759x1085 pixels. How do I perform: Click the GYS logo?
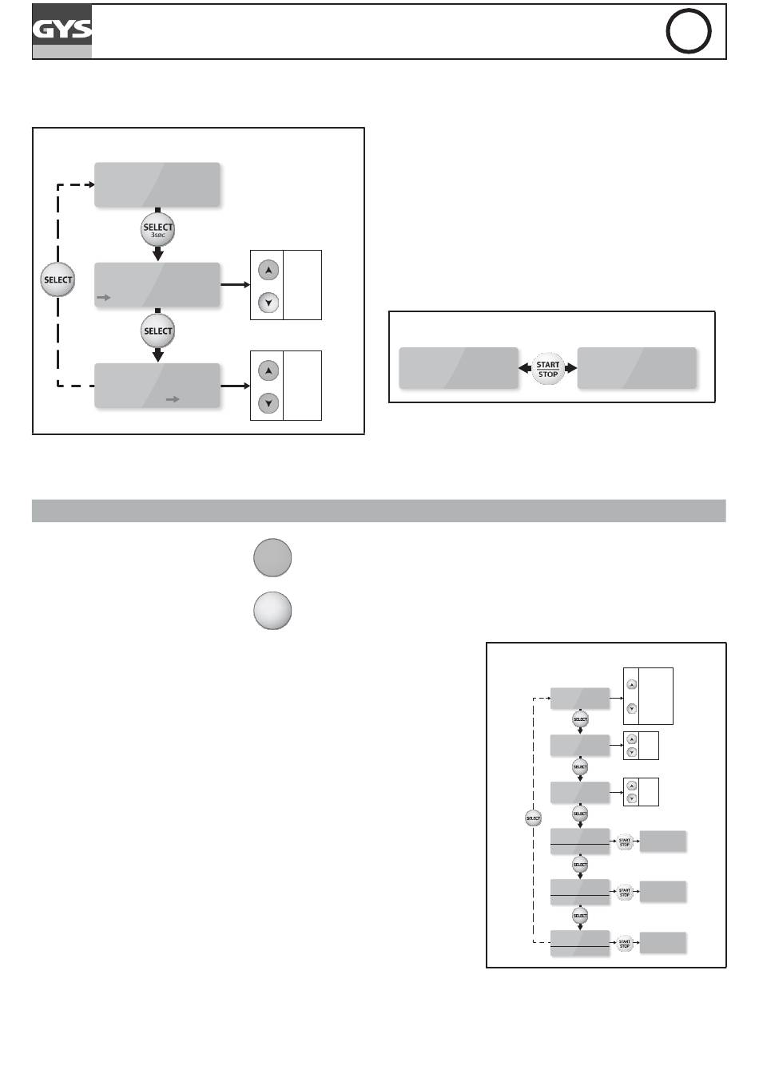coord(62,32)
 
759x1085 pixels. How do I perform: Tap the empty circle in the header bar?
coord(688,33)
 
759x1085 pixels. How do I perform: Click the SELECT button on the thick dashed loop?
coord(58,280)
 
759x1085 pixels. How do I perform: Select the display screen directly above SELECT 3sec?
coord(157,184)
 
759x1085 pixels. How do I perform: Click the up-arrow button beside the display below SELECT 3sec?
coord(268,271)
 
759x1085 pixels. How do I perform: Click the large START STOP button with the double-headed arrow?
coord(548,370)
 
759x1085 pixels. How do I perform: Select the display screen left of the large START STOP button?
coord(459,368)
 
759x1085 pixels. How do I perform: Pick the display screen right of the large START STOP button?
coord(637,368)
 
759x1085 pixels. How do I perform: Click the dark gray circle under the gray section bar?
coord(272,557)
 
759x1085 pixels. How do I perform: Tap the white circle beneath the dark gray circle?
coord(272,611)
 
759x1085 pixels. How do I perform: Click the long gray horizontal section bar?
coord(379,511)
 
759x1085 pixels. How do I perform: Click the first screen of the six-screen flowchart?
coord(580,698)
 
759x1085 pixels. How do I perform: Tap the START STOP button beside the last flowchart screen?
coord(625,944)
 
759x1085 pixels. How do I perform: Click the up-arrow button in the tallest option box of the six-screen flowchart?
coord(632,684)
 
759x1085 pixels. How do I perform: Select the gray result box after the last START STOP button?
coord(663,943)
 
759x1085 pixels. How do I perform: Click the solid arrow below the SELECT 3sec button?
coord(157,254)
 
